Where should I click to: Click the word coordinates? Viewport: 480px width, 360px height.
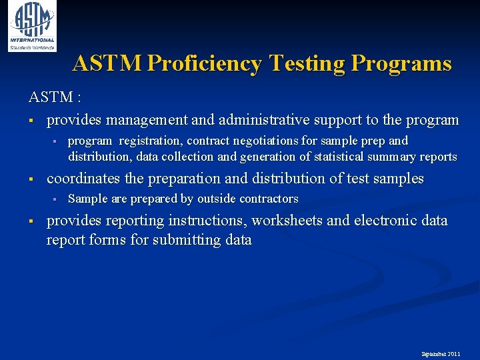[84, 179]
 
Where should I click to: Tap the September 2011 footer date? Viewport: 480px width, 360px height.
[440, 353]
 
